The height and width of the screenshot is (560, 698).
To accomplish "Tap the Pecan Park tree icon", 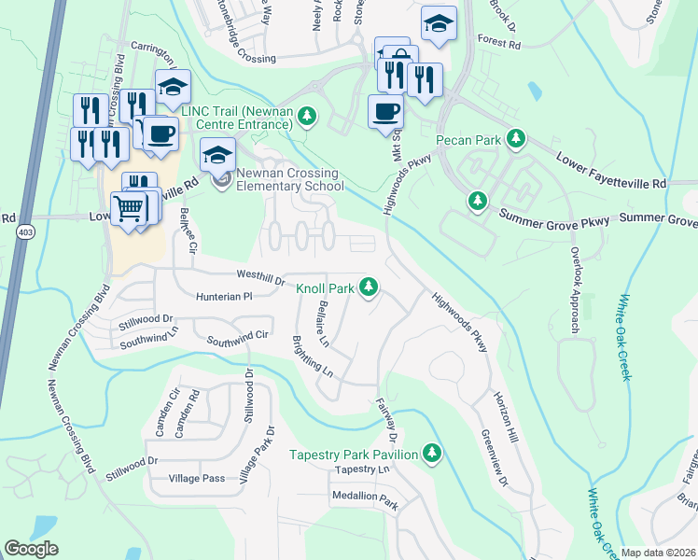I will pos(514,141).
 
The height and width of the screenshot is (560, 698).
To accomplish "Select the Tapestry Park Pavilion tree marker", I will pos(431,453).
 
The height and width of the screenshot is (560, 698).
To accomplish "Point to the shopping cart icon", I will pos(129,208).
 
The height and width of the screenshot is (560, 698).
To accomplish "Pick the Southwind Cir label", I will pos(238,339).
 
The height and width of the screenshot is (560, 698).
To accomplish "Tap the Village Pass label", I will pos(197,478).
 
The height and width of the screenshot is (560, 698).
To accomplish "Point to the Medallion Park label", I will pos(363,505).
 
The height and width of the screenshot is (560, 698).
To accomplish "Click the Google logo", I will pos(32,549).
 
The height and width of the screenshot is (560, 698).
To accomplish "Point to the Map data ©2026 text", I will pos(657,553).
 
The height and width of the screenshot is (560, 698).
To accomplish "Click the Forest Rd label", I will pos(496,41).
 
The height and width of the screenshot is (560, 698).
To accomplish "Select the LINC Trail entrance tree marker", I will pos(307,117).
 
